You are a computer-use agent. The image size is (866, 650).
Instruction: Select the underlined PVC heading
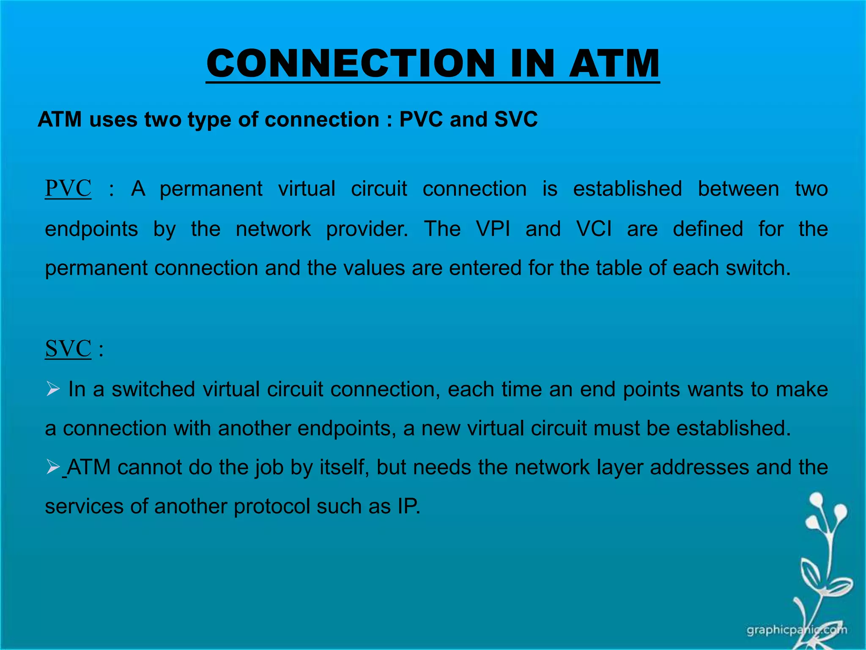68,188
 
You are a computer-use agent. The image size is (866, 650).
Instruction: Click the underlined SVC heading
68,349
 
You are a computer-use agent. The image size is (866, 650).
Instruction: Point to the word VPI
493,229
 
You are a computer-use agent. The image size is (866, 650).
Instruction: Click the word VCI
594,229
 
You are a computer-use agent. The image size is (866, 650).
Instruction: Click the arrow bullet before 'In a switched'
53,388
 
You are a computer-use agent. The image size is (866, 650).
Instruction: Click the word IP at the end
408,506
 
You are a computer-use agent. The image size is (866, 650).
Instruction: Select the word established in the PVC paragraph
627,189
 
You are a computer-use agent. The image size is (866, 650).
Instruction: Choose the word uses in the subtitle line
113,119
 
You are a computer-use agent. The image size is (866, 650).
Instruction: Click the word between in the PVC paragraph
738,189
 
